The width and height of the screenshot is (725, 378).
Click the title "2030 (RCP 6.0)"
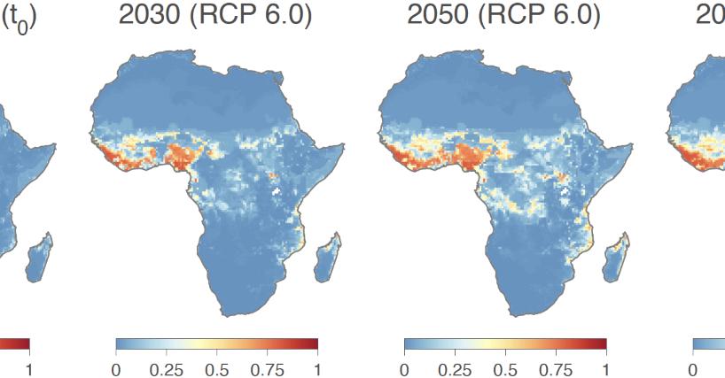point(214,15)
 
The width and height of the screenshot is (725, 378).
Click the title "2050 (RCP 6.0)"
point(503,15)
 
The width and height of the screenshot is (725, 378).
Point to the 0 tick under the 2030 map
point(116,366)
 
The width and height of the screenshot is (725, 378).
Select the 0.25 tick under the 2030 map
point(166,366)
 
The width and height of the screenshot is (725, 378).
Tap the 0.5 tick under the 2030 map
point(216,366)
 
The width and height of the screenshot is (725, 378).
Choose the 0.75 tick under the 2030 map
point(267,366)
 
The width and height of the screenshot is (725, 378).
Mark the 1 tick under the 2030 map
point(317,366)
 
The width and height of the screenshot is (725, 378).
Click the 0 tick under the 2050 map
point(404,366)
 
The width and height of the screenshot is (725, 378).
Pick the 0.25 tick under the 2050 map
point(455,366)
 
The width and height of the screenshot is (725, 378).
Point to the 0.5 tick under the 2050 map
point(505,366)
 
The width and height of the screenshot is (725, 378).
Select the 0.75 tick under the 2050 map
point(556,366)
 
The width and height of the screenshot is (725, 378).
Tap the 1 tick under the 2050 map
point(606,366)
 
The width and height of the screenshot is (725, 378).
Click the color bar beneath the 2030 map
point(216,343)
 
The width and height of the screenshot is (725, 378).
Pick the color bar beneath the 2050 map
point(505,343)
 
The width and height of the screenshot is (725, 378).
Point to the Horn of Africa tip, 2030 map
point(344,145)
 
